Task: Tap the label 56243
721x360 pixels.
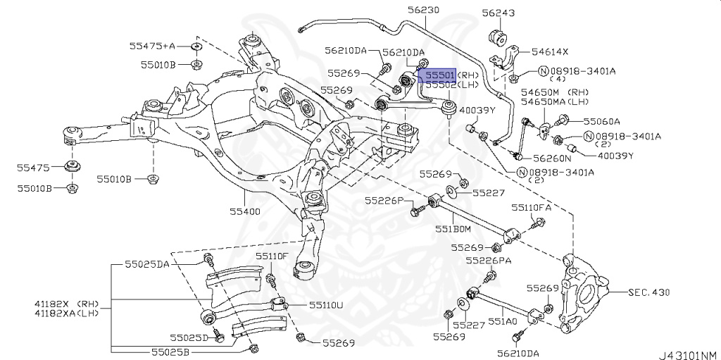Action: pos(499,13)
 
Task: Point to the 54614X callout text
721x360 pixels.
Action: pos(550,51)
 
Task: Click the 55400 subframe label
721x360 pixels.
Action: pos(244,211)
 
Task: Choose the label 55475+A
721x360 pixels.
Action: pos(152,46)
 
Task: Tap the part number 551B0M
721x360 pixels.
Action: pos(452,229)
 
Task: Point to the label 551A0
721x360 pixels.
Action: pos(504,321)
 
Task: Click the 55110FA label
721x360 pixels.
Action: pos(532,208)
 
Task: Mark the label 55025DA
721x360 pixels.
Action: pos(147,264)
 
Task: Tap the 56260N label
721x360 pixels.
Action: pos(552,158)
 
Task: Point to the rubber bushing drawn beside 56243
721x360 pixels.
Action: pos(499,37)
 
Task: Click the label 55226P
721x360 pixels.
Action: pos(384,201)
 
